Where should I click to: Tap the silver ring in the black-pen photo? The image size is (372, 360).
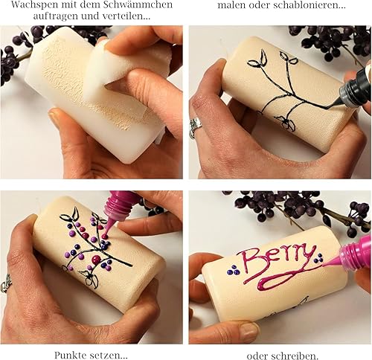pyautogui.click(x=195, y=126)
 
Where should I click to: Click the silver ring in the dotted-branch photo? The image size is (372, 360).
pyautogui.click(x=5, y=283)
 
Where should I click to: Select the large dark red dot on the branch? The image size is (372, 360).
pyautogui.click(x=96, y=260)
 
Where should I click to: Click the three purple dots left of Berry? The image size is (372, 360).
pyautogui.click(x=233, y=270)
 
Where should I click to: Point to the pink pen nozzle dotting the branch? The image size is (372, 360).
pyautogui.click(x=107, y=228)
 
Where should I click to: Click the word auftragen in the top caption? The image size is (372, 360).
pyautogui.click(x=52, y=16)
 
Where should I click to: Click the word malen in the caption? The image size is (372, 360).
pyautogui.click(x=231, y=5)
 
